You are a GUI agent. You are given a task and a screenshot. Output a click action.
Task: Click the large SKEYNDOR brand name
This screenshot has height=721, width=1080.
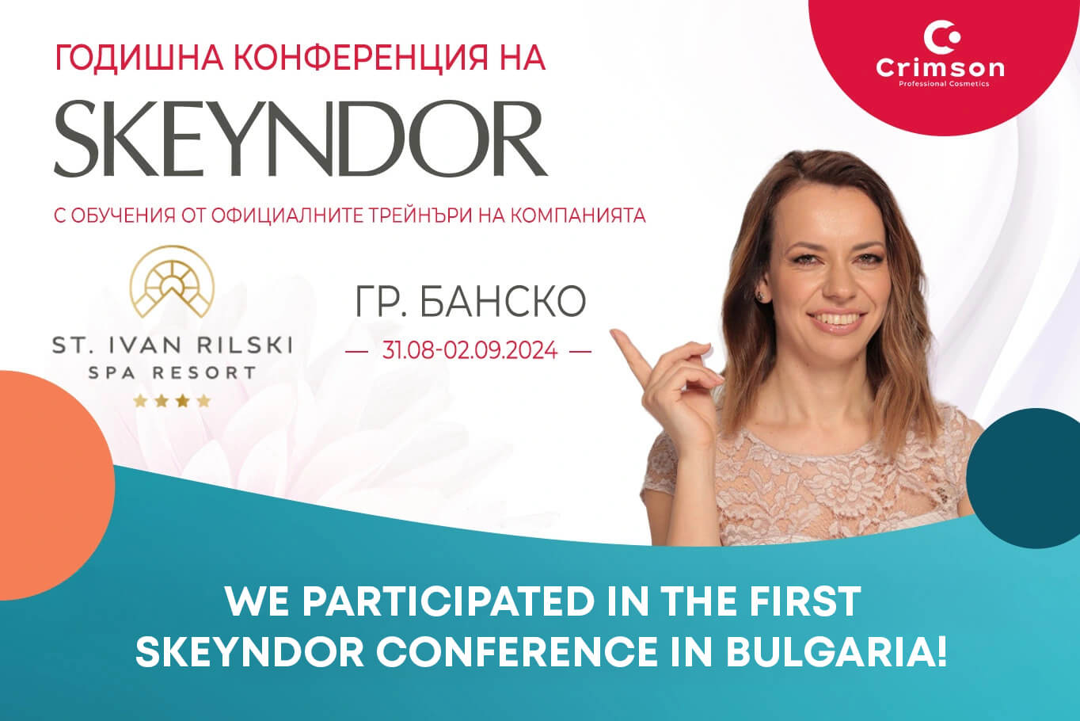[x=300, y=139]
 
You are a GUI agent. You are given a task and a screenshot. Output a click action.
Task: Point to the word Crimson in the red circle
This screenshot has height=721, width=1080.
[x=940, y=68]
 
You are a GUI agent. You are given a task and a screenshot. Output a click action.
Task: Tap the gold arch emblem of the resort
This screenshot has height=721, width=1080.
[x=172, y=281]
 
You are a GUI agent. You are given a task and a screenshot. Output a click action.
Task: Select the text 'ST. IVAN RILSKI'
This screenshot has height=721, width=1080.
[x=172, y=345]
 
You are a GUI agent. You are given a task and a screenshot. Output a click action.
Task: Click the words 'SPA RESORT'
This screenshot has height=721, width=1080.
[x=172, y=373]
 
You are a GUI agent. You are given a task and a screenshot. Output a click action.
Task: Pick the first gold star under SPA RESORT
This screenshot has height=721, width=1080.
[x=140, y=401]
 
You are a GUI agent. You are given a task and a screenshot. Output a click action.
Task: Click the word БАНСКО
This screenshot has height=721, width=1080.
[x=503, y=301]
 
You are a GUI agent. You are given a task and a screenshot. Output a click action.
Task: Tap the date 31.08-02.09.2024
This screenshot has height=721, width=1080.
[x=470, y=350]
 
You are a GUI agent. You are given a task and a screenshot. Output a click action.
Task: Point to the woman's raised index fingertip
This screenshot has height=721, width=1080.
[x=614, y=333]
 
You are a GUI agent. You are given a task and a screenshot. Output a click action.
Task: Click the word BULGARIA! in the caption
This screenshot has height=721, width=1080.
[x=835, y=653]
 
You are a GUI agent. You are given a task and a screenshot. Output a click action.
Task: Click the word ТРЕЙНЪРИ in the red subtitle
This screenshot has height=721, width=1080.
[x=421, y=216]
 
